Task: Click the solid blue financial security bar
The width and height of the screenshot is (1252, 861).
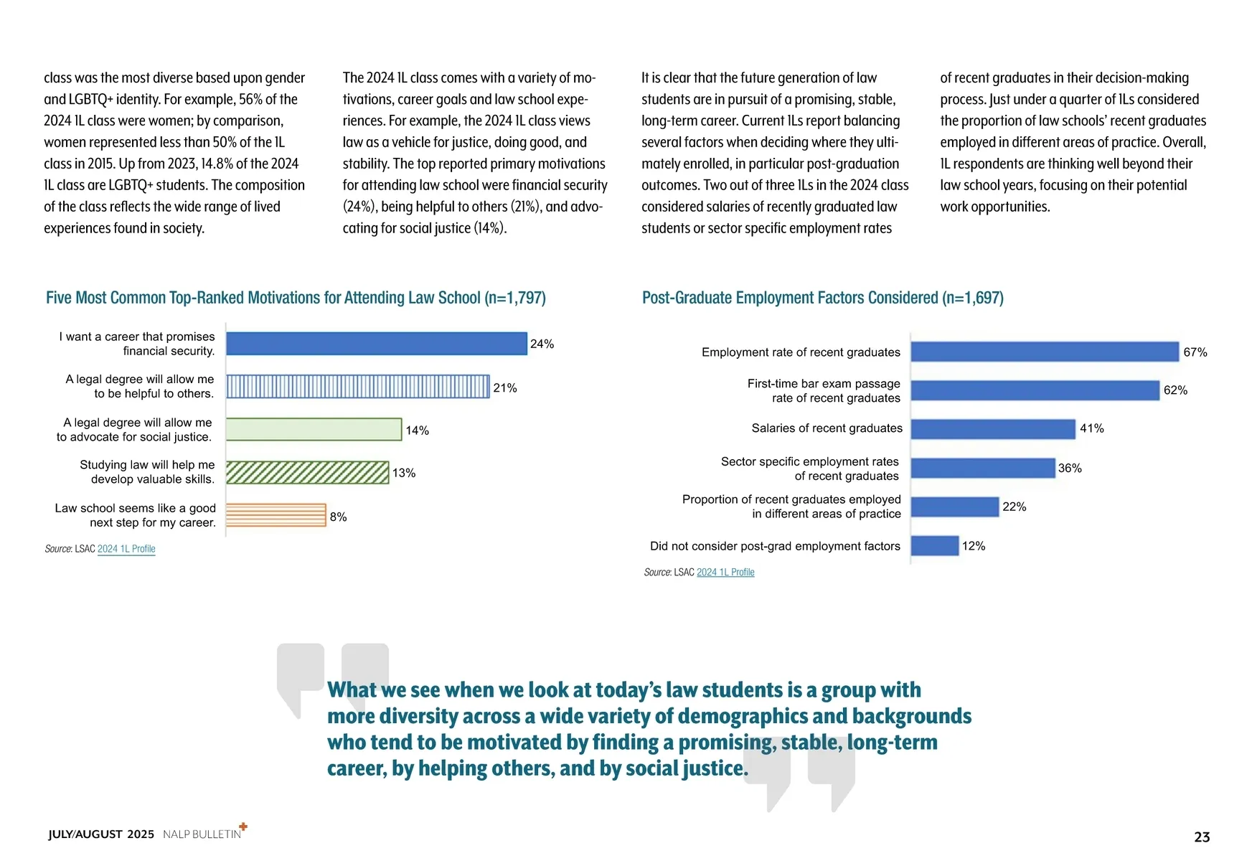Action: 377,344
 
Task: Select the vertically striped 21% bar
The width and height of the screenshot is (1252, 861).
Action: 358,387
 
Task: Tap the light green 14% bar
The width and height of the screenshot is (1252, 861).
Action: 314,429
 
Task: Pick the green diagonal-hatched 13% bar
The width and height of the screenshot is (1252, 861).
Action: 307,473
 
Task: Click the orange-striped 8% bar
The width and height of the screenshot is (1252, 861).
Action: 276,515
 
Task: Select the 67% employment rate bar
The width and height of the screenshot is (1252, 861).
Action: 1045,352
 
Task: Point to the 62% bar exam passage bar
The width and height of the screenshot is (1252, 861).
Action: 1035,390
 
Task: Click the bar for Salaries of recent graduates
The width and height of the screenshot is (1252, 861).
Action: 993,429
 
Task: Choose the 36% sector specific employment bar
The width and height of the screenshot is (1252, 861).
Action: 983,468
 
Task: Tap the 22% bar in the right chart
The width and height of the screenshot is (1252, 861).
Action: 955,507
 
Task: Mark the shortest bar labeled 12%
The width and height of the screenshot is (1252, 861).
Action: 935,545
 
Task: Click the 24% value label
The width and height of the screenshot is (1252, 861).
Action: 542,344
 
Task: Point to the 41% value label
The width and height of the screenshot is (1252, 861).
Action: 1091,428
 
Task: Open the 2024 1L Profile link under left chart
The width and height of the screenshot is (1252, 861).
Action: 126,549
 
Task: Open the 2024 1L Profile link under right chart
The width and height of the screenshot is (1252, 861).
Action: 725,573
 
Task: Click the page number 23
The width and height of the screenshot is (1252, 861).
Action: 1202,837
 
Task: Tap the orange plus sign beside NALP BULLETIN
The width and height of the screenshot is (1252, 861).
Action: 243,827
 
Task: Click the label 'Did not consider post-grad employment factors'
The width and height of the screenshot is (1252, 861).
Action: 775,546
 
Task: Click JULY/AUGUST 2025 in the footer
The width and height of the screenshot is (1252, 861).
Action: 101,834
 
